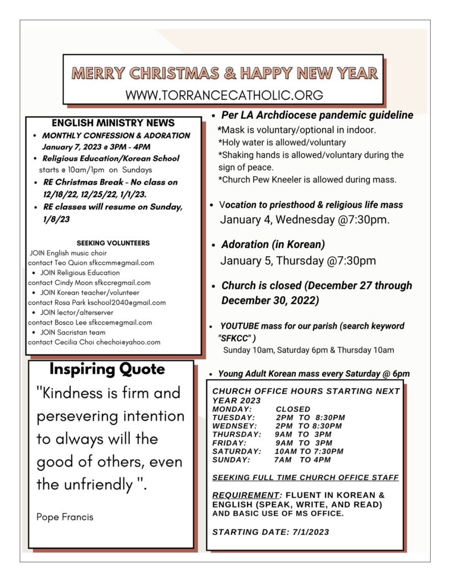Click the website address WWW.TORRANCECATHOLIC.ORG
click(224, 95)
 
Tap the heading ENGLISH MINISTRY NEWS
click(113, 123)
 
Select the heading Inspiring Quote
click(107, 369)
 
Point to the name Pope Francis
click(65, 517)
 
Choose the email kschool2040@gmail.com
click(134, 302)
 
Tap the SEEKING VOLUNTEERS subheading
click(113, 243)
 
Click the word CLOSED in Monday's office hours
click(293, 409)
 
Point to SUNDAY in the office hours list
click(231, 460)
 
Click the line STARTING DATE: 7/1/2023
click(270, 532)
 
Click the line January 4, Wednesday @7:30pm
click(305, 220)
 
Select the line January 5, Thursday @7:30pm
click(298, 261)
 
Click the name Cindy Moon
click(74, 282)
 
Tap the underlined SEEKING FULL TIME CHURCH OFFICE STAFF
click(305, 477)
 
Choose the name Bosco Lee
click(71, 322)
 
